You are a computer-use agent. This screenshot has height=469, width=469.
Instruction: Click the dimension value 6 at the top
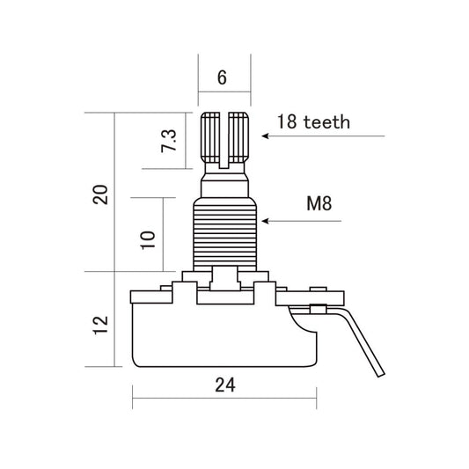pyautogui.click(x=222, y=77)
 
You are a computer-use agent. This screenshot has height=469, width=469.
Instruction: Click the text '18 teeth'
pyautogui.click(x=312, y=121)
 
